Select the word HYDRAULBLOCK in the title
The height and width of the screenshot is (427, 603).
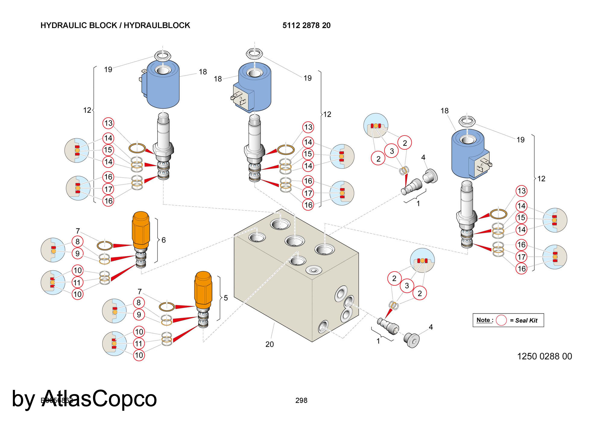point(157,25)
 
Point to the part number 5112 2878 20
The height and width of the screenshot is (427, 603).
point(306,25)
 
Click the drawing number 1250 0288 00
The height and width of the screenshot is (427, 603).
point(545,356)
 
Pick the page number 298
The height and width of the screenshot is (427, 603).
point(301,400)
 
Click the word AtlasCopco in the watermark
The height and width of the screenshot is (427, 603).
point(99,399)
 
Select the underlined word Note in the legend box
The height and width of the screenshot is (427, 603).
point(483,320)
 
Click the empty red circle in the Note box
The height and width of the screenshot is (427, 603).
point(501,320)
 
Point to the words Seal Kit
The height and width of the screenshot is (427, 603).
point(526,320)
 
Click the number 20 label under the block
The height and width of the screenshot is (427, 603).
point(270,344)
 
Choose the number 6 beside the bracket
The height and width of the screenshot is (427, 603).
point(163,240)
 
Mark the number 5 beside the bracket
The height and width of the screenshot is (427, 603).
point(226,298)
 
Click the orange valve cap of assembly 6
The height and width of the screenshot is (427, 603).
point(140,230)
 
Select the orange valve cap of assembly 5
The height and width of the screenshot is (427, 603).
point(203,290)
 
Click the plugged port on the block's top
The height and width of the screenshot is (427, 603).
point(314,270)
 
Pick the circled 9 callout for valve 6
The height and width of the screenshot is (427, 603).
point(77,253)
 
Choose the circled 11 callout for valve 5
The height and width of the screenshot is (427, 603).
point(139,343)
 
